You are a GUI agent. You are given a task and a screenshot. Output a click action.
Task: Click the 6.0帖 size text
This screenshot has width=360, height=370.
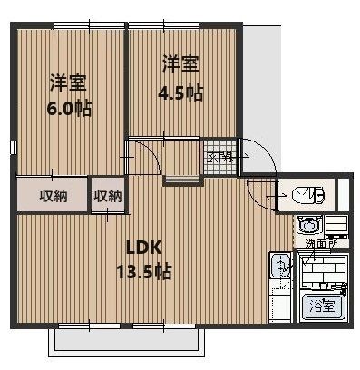(68, 107)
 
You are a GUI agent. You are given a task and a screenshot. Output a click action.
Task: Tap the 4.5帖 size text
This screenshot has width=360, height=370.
(180, 92)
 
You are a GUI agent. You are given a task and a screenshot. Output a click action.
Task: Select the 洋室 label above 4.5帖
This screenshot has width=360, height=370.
(180, 65)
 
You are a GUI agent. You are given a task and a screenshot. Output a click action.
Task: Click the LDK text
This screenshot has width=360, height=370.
(143, 248)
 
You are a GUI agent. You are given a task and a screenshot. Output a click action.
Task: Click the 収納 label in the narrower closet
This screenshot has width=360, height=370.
(108, 196)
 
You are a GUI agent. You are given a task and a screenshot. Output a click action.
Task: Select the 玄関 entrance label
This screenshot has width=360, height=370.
(220, 157)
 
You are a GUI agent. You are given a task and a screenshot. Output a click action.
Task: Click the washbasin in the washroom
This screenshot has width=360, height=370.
(306, 224)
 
